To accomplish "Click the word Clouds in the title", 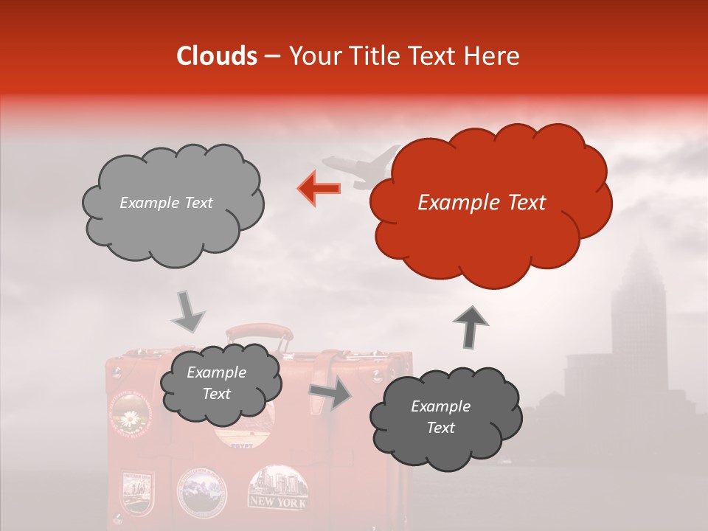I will point(217,56).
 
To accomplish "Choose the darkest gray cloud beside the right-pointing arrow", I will point(445,417).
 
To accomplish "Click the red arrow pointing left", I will point(319,189).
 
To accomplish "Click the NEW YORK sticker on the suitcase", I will point(277,487).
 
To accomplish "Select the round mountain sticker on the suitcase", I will point(202,490).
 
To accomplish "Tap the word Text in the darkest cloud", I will point(441,428).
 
